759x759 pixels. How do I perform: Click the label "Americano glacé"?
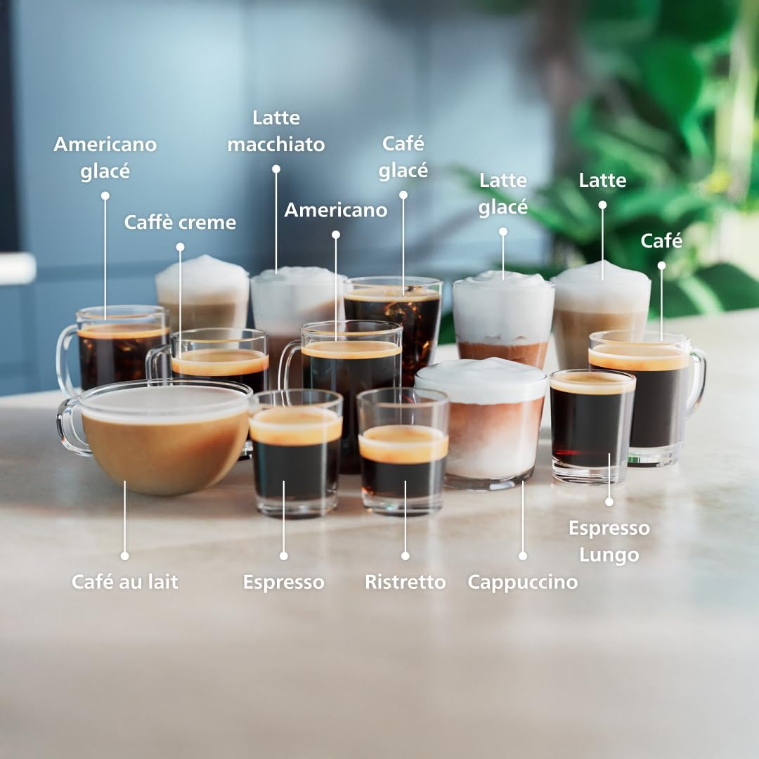105,157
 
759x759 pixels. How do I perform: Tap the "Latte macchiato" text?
276,131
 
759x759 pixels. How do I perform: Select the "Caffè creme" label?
180,223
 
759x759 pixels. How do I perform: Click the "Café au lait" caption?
124,582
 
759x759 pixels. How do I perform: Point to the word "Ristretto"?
405,582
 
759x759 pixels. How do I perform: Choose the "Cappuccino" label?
522,582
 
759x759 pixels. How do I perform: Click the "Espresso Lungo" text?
609,541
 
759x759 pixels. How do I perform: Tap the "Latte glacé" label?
503,194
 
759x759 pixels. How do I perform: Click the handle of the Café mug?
696,383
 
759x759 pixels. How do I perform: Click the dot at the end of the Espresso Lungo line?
609,502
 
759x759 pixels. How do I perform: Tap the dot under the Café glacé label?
403,195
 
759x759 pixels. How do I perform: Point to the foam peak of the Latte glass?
602,271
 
